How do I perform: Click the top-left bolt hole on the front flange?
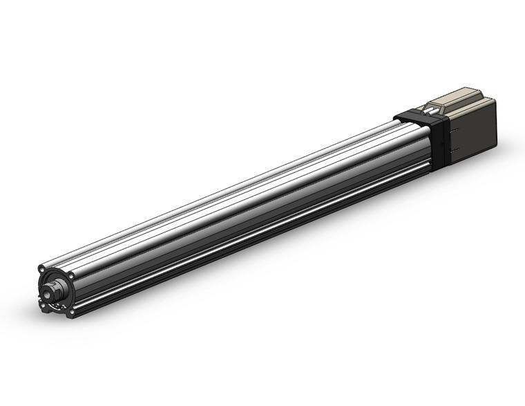(42, 269)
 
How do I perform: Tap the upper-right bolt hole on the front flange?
(70, 275)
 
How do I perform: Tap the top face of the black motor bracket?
(414, 114)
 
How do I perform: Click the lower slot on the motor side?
(453, 150)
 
